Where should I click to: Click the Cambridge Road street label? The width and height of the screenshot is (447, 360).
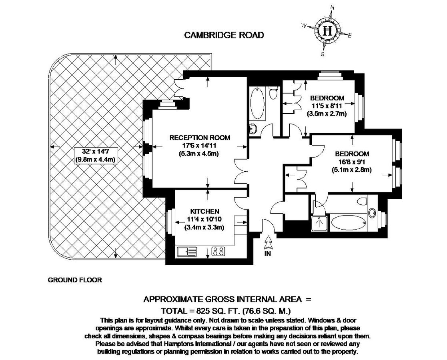point(224,35)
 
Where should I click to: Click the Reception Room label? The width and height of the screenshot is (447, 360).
point(200,138)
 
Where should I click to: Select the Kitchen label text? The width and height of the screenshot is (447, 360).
point(204,211)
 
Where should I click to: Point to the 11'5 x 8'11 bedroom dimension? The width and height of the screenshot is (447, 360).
point(327,106)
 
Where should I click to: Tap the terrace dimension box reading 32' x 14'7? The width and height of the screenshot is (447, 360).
point(95,155)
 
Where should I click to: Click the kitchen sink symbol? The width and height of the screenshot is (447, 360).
point(187,251)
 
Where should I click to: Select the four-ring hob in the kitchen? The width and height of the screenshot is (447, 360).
point(218,251)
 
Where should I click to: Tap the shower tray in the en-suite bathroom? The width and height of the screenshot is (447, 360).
point(319,224)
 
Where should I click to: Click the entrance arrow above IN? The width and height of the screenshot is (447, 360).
point(268,242)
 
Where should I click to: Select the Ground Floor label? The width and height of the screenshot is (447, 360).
point(75,280)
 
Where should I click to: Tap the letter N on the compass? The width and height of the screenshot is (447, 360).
point(333,8)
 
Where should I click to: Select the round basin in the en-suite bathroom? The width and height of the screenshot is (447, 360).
point(372,213)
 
